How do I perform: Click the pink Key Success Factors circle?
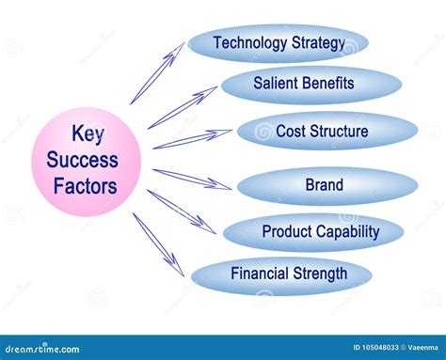[x=87, y=162]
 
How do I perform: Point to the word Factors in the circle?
[x=87, y=186]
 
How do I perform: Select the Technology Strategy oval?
[x=278, y=43]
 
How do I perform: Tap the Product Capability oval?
[x=312, y=231]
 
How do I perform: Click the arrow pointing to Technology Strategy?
[x=157, y=73]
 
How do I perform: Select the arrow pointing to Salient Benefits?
[x=183, y=107]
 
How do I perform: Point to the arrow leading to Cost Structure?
[x=193, y=139]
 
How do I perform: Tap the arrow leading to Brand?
[x=192, y=178]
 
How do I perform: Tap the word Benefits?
[x=329, y=84]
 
